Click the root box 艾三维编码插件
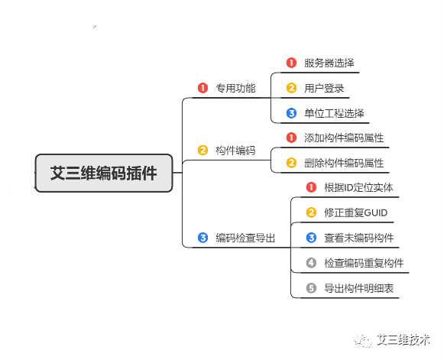[104, 173]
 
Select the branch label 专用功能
[235, 88]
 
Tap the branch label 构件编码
[235, 151]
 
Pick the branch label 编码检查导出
[245, 238]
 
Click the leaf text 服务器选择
[329, 63]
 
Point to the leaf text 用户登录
[324, 88]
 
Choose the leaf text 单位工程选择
[334, 113]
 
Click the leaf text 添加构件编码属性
[344, 138]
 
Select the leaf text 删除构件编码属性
[344, 163]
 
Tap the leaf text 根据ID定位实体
[358, 187]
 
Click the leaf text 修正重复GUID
[356, 212]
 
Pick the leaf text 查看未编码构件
[359, 238]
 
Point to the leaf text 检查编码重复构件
[365, 263]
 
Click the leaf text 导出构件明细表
[359, 288]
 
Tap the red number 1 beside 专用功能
[203, 88]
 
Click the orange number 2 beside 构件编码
[203, 150]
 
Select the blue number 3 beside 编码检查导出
[203, 238]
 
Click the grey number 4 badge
[311, 263]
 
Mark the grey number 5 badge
[311, 288]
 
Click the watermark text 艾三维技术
[403, 339]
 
